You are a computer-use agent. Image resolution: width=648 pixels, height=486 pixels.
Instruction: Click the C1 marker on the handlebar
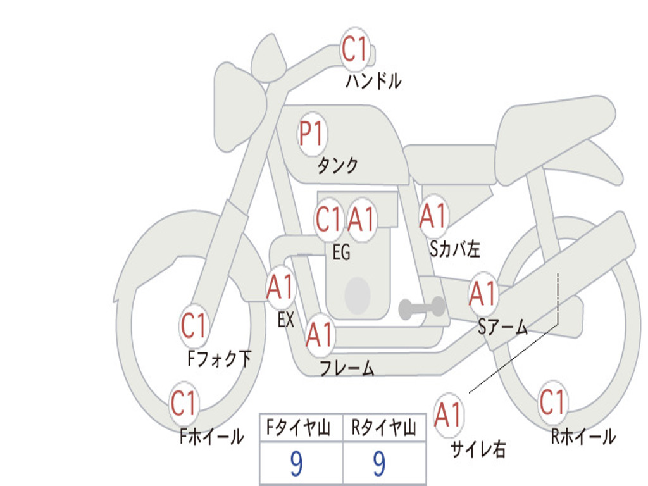click(x=354, y=49)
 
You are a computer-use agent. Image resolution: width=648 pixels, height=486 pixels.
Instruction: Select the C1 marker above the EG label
click(x=329, y=219)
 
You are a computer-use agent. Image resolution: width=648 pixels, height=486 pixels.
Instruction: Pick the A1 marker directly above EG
click(x=361, y=219)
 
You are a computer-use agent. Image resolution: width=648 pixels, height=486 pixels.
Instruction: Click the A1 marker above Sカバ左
click(x=433, y=216)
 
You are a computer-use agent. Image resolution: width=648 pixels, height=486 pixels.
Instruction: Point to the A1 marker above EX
click(x=280, y=287)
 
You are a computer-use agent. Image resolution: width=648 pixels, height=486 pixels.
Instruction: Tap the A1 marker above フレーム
click(x=320, y=334)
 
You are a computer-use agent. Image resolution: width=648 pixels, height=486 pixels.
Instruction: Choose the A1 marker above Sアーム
click(x=483, y=294)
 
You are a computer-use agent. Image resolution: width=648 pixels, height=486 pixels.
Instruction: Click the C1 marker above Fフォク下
click(x=194, y=325)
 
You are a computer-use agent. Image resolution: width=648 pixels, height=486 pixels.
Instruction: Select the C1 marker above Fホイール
click(x=184, y=403)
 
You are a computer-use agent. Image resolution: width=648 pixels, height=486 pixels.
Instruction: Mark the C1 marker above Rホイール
click(x=552, y=402)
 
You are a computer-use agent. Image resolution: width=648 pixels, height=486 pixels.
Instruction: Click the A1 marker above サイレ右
click(x=448, y=415)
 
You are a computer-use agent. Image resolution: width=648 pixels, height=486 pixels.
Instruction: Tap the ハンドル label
click(x=373, y=81)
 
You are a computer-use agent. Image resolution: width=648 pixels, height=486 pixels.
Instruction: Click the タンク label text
click(x=338, y=166)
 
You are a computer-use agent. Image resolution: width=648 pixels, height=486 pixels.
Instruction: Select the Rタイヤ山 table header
click(x=384, y=428)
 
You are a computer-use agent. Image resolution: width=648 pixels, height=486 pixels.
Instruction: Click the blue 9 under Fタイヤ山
click(x=296, y=464)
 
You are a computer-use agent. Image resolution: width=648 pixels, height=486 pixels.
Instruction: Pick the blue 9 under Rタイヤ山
click(x=380, y=464)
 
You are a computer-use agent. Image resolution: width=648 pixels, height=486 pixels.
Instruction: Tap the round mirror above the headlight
click(x=268, y=58)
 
